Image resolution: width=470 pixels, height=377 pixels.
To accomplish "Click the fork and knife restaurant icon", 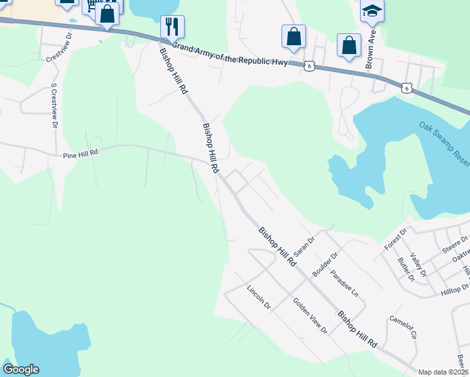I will coord(172,26).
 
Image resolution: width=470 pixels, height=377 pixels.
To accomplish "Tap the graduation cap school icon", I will coord(371,11).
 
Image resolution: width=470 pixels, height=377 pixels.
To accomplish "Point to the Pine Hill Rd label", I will coord(81,153).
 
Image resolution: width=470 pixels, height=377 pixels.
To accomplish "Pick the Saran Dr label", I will coord(303,243).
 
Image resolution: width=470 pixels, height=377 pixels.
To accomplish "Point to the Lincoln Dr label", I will coord(258,298).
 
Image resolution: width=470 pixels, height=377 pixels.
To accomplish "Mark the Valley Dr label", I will coord(418,265).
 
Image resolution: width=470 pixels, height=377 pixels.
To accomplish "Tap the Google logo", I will coord(21,369).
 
